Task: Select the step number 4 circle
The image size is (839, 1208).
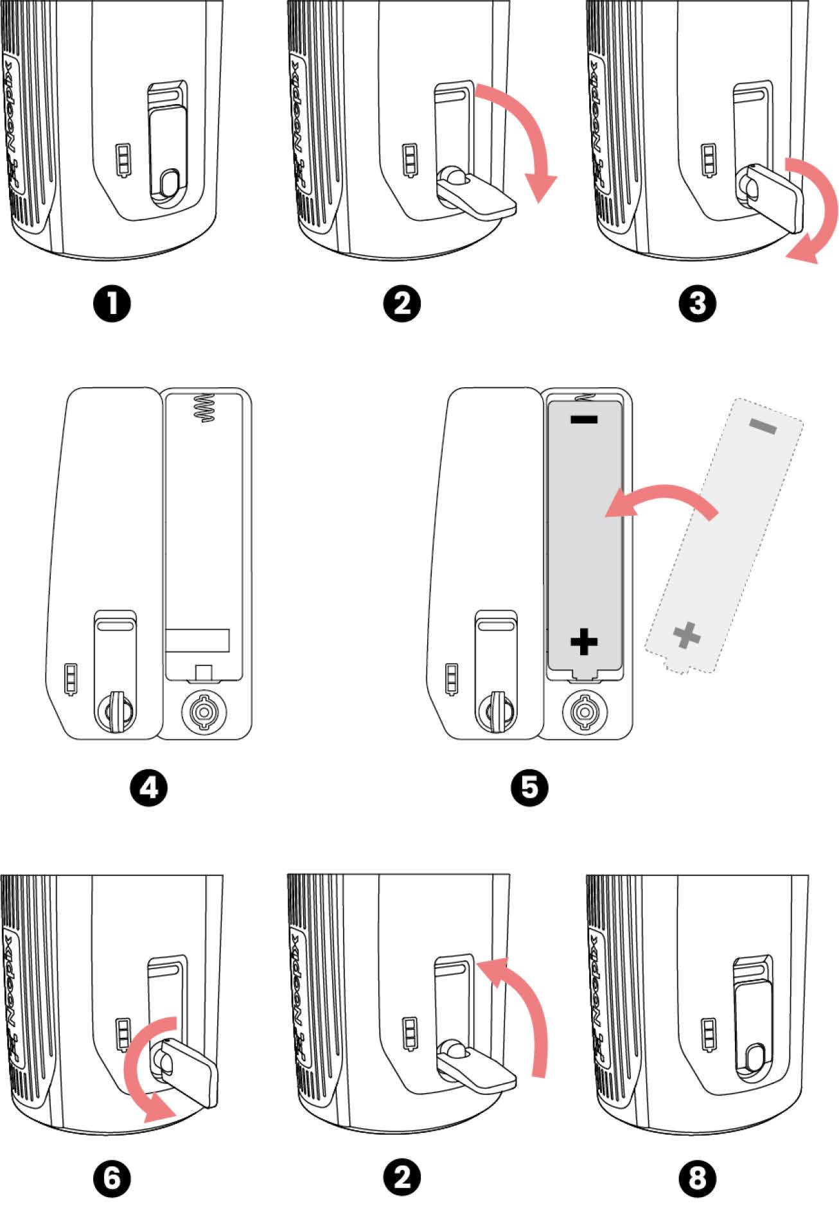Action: coord(148,787)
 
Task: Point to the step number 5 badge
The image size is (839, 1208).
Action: coord(529,787)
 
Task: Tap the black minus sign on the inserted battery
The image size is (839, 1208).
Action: coord(584,420)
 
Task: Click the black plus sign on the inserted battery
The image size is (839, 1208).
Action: coord(584,641)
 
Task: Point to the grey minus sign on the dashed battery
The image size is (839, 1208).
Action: coord(763,426)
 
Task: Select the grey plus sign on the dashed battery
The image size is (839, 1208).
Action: coord(687,635)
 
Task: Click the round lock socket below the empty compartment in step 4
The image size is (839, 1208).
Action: coord(204,711)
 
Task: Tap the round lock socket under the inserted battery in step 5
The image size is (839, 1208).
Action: coord(585,711)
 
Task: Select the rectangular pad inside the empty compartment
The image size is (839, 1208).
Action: coord(198,640)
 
